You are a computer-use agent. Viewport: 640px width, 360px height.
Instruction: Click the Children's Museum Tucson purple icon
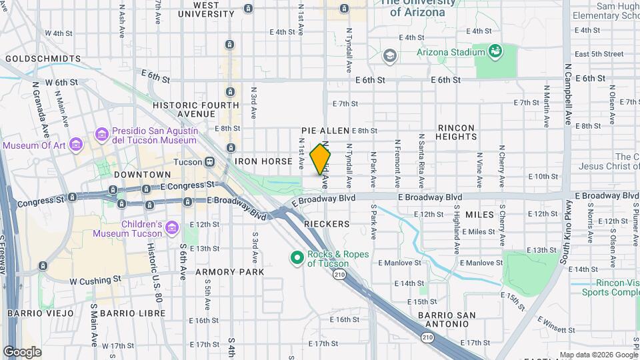173,228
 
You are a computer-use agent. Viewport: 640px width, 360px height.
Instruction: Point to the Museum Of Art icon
76,145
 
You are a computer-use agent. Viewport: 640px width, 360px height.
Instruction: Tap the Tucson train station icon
209,161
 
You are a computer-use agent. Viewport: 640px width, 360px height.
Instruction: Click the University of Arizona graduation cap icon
389,56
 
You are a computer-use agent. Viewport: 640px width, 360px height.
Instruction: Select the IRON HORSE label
263,161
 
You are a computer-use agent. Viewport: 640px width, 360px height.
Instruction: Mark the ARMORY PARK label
229,272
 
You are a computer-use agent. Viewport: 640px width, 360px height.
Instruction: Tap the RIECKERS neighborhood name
327,224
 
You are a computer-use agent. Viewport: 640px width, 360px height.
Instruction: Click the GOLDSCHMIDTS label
43,59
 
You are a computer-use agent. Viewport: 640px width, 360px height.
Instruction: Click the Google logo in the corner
22,352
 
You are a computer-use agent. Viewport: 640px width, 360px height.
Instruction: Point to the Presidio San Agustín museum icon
101,135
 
